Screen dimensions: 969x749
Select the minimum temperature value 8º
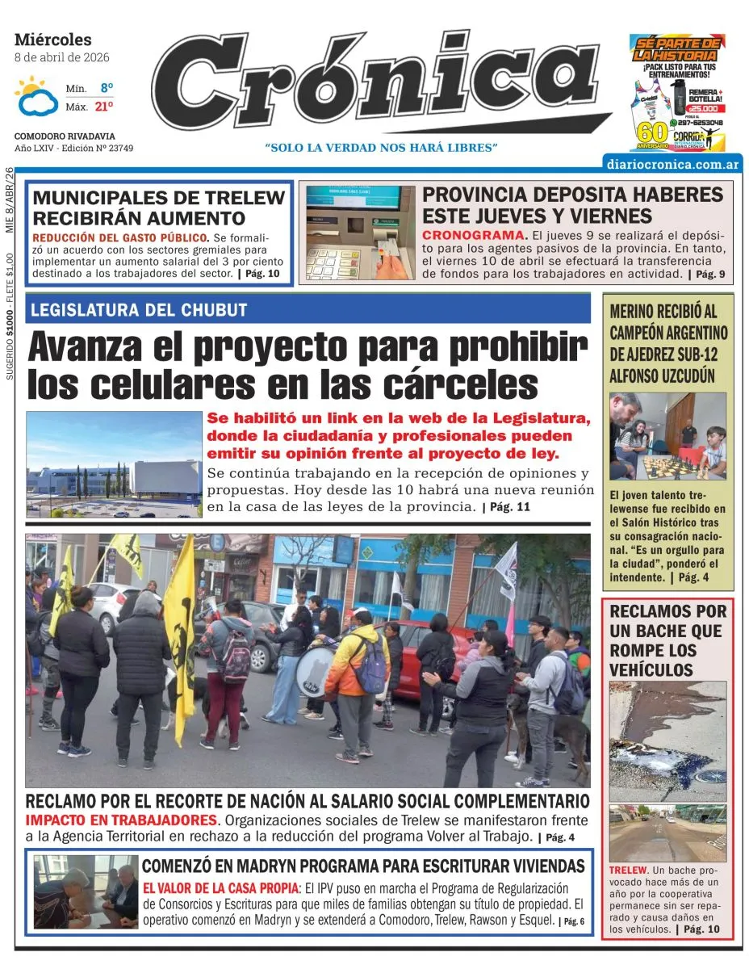[107, 87]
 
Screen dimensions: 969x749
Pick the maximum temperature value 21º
[104, 106]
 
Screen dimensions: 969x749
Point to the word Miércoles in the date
[53, 40]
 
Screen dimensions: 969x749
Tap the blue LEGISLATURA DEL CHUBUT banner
[308, 309]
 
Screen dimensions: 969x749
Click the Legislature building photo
[114, 464]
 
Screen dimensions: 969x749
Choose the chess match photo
[667, 436]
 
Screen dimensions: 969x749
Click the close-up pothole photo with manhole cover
[667, 740]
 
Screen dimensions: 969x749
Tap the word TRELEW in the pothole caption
[628, 870]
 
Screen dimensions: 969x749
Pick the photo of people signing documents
[86, 891]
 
